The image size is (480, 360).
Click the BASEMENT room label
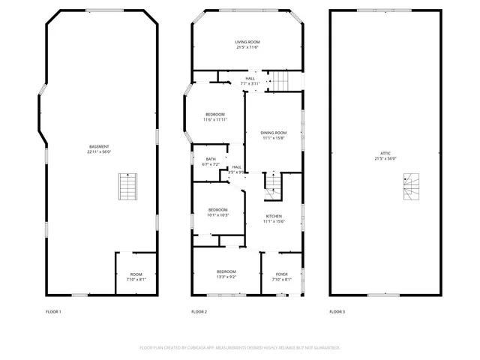pos(99,146)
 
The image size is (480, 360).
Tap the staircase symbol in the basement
pos(129,186)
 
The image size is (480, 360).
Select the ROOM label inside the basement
pos(136,274)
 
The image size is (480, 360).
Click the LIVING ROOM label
pos(247,42)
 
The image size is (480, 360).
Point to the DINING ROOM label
pos(274,133)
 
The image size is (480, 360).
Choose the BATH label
pos(211,158)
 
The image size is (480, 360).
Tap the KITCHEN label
pos(273,216)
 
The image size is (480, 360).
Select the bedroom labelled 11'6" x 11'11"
pos(214,114)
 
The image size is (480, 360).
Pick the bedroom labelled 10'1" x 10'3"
pos(217,209)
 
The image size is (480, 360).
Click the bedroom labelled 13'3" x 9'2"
pos(226,271)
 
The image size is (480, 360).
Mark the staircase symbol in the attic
pos(412,187)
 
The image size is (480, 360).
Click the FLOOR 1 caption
pos(53,311)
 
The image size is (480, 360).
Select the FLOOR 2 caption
pos(199,311)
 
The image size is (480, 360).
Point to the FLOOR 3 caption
pos(337,311)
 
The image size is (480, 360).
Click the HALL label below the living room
pos(250,78)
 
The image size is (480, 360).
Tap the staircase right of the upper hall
pos(279,79)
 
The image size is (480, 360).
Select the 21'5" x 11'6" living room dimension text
pos(247,47)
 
